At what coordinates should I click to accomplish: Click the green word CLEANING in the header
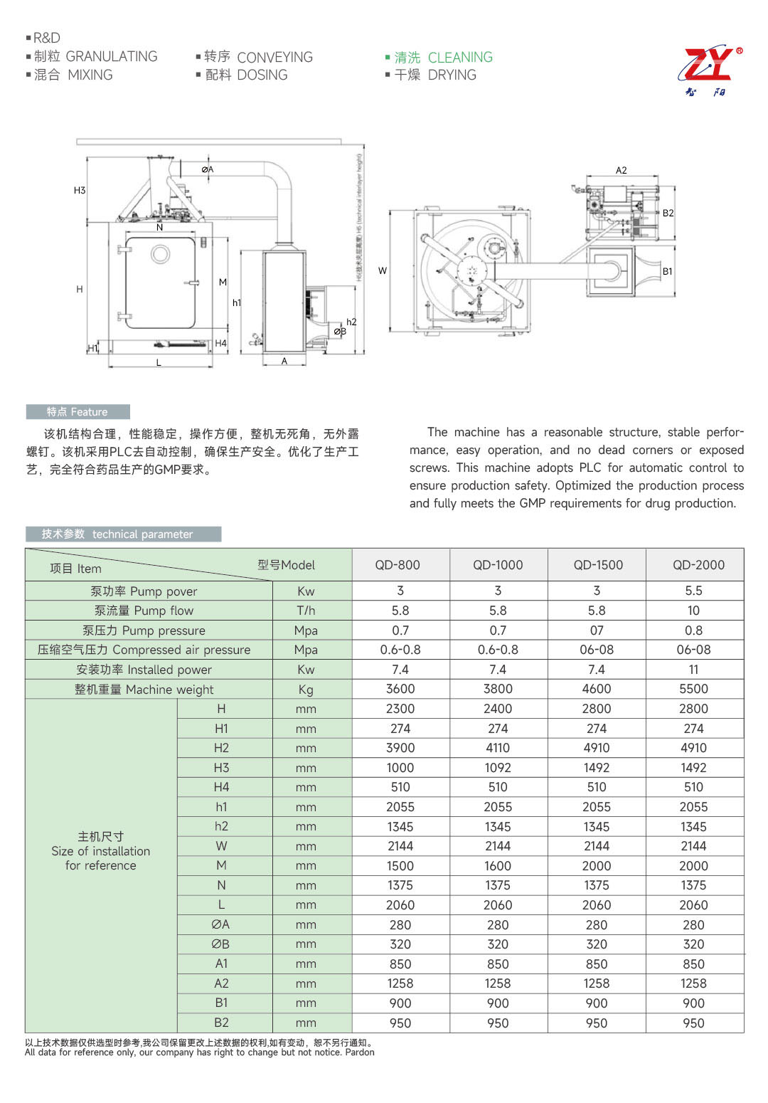click(459, 57)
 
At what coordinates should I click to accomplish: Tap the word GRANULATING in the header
click(111, 56)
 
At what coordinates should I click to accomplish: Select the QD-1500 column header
click(597, 565)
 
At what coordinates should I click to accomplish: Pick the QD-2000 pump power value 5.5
click(693, 591)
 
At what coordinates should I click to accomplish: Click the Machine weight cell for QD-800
click(400, 689)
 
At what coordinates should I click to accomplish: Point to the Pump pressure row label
click(144, 630)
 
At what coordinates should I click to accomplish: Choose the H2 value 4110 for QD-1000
click(498, 748)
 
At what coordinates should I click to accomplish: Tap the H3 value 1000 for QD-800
click(400, 768)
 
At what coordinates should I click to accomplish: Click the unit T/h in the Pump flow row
click(306, 611)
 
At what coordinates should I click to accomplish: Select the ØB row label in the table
click(220, 944)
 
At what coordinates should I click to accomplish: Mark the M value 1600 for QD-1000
click(498, 866)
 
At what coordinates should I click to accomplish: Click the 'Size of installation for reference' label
click(100, 851)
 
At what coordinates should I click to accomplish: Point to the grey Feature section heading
click(78, 412)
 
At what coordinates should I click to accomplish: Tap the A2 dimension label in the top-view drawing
click(621, 170)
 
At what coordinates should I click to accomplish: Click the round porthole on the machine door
click(160, 253)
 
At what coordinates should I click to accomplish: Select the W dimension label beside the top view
click(383, 270)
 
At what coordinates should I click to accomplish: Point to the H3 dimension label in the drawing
click(80, 190)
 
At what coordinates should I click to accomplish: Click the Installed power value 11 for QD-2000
click(693, 670)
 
